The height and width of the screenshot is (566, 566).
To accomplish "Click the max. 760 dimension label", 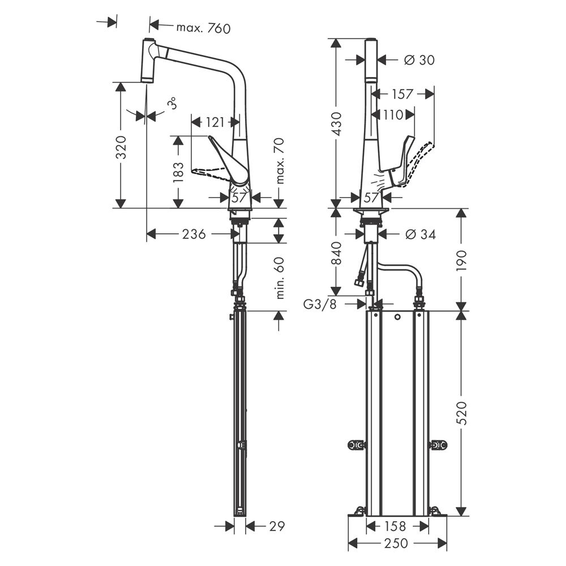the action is point(203,28).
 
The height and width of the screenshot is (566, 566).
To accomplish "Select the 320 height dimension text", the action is point(121,147).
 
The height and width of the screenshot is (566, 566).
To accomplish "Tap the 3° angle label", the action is point(173,103).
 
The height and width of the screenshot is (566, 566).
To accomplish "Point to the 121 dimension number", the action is point(215,122).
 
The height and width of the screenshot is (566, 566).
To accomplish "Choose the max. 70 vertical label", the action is point(280,161).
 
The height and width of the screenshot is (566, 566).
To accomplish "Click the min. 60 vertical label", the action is point(280,278).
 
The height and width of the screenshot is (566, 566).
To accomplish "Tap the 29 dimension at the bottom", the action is point(277,526).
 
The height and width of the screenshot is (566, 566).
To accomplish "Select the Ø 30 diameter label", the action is point(419,60).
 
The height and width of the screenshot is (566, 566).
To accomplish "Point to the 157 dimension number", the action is point(402,94).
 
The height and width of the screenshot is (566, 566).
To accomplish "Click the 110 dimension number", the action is point(393,115).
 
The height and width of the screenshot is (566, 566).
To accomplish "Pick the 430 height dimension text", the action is point(336,124).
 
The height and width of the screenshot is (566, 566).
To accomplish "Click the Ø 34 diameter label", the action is point(420,234).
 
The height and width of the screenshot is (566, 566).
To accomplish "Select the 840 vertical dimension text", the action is point(336,253).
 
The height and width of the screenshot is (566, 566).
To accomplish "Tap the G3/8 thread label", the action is point(320,305).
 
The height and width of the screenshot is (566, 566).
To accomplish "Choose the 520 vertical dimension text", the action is point(461,413).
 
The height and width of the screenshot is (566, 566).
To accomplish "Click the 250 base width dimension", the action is point(396,543).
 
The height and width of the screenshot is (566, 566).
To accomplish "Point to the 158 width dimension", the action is point(395,526).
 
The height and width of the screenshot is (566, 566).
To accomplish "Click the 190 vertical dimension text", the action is point(461,260).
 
